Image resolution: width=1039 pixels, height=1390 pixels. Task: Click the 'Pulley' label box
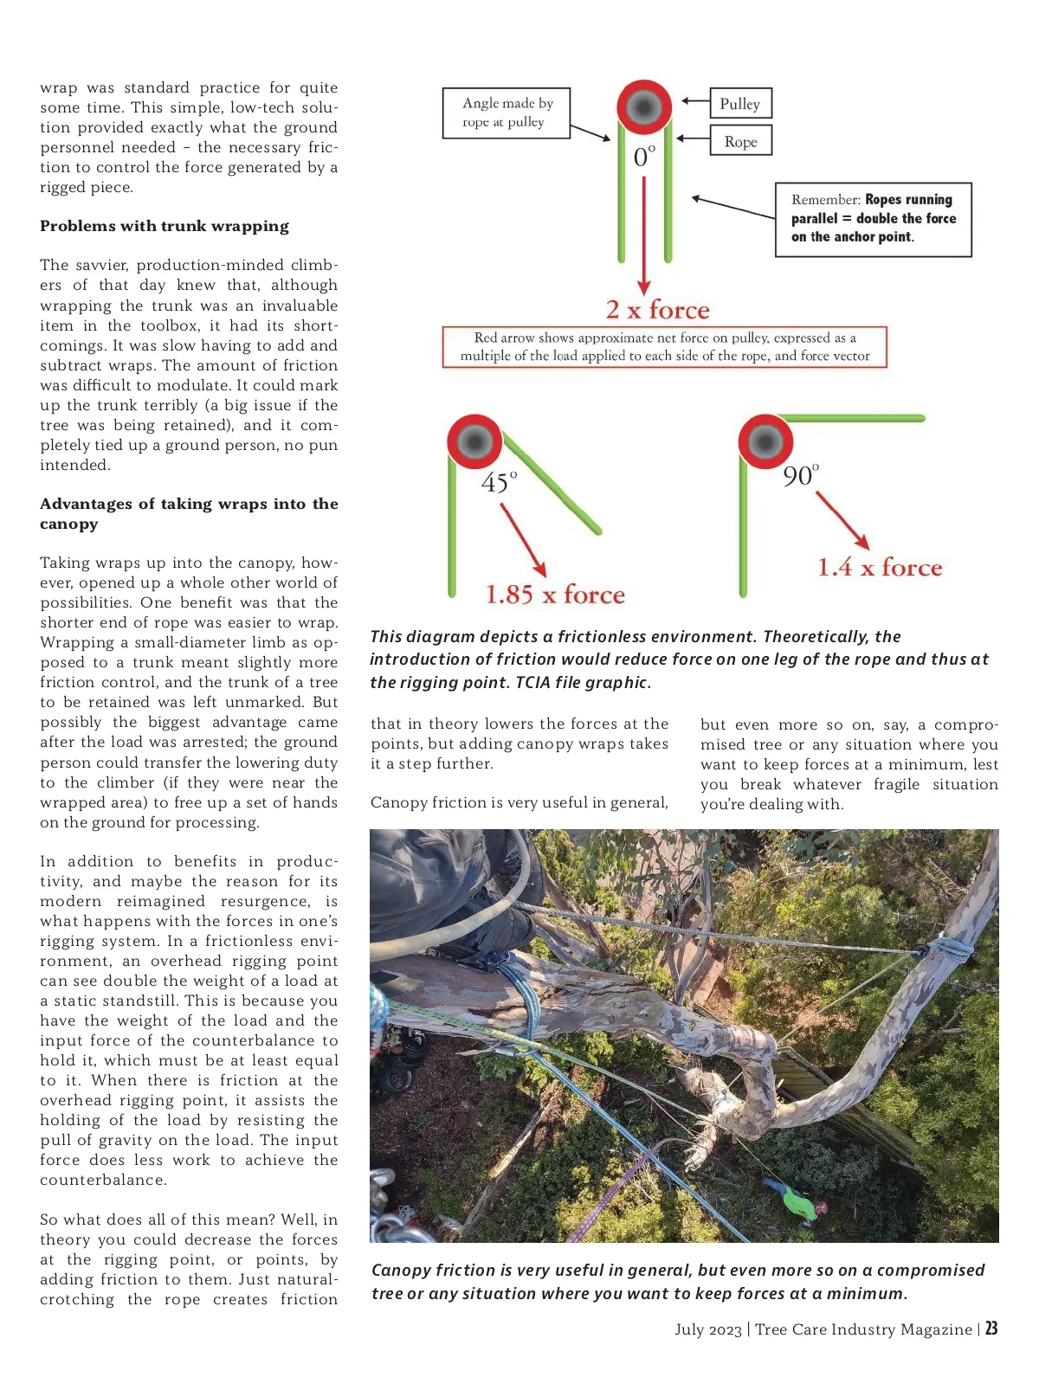tap(739, 104)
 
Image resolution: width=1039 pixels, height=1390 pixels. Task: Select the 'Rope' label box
tap(740, 141)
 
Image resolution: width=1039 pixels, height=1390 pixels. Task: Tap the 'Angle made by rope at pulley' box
tap(507, 113)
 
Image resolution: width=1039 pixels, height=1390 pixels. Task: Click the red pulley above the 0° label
tap(644, 106)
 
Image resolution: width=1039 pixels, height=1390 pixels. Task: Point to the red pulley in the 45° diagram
tap(474, 441)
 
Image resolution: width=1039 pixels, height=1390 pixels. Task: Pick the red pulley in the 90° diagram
tap(765, 441)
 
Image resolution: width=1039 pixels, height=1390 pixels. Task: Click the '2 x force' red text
tap(657, 310)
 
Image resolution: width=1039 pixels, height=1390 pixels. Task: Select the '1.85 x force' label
tap(555, 595)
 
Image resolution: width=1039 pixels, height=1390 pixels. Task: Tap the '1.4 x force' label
tap(880, 568)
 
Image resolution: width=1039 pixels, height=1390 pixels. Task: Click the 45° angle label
tap(499, 481)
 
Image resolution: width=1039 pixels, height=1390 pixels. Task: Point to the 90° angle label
tap(800, 475)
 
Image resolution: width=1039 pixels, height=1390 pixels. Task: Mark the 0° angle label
tap(644, 157)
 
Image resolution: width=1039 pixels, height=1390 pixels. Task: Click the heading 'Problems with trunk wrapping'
tap(165, 226)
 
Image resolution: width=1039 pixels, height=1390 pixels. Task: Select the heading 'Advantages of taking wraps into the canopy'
tap(189, 513)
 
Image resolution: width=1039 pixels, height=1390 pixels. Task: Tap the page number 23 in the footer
tap(991, 1329)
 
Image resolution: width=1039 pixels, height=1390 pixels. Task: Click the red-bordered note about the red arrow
tap(664, 347)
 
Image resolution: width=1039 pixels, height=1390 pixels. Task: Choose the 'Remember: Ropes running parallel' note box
tap(873, 219)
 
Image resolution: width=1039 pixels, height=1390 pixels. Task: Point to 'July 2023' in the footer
tap(707, 1329)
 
